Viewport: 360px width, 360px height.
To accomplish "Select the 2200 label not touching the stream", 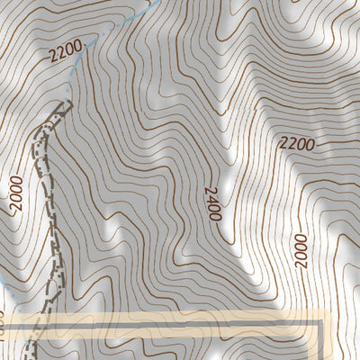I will tap(296, 143).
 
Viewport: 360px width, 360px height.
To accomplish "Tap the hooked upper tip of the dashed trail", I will tap(65, 106).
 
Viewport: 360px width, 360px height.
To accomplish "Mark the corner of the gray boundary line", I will tap(320, 322).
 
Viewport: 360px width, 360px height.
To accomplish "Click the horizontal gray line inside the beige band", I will tap(180, 322).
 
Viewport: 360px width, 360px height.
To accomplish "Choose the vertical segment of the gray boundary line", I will tap(320, 342).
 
